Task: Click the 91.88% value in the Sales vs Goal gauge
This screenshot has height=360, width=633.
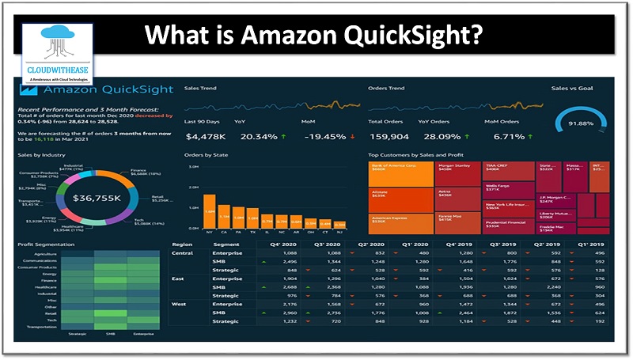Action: click(582, 124)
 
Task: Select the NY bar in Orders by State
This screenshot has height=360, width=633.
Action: click(210, 210)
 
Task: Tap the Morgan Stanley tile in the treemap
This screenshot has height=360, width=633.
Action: click(455, 172)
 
